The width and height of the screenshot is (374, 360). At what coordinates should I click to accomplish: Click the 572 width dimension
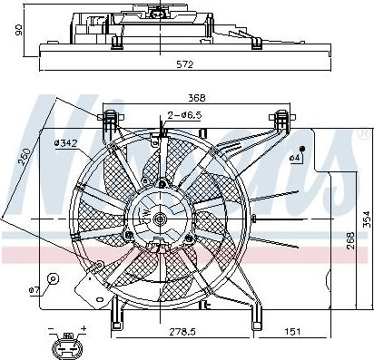tap(185, 64)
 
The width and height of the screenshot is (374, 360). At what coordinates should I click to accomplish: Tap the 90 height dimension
tap(19, 30)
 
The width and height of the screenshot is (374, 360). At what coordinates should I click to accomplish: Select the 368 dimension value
tap(197, 98)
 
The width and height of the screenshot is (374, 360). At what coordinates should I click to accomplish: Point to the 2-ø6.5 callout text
tap(184, 115)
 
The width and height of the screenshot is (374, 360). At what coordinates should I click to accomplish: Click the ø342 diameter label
tap(66, 143)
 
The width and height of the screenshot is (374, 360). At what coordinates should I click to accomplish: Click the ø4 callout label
tap(294, 158)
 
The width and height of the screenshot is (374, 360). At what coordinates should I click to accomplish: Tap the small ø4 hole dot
tap(301, 149)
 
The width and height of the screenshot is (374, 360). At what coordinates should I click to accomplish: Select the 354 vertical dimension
tap(367, 219)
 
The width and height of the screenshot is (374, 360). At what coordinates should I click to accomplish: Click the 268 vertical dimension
tap(350, 240)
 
